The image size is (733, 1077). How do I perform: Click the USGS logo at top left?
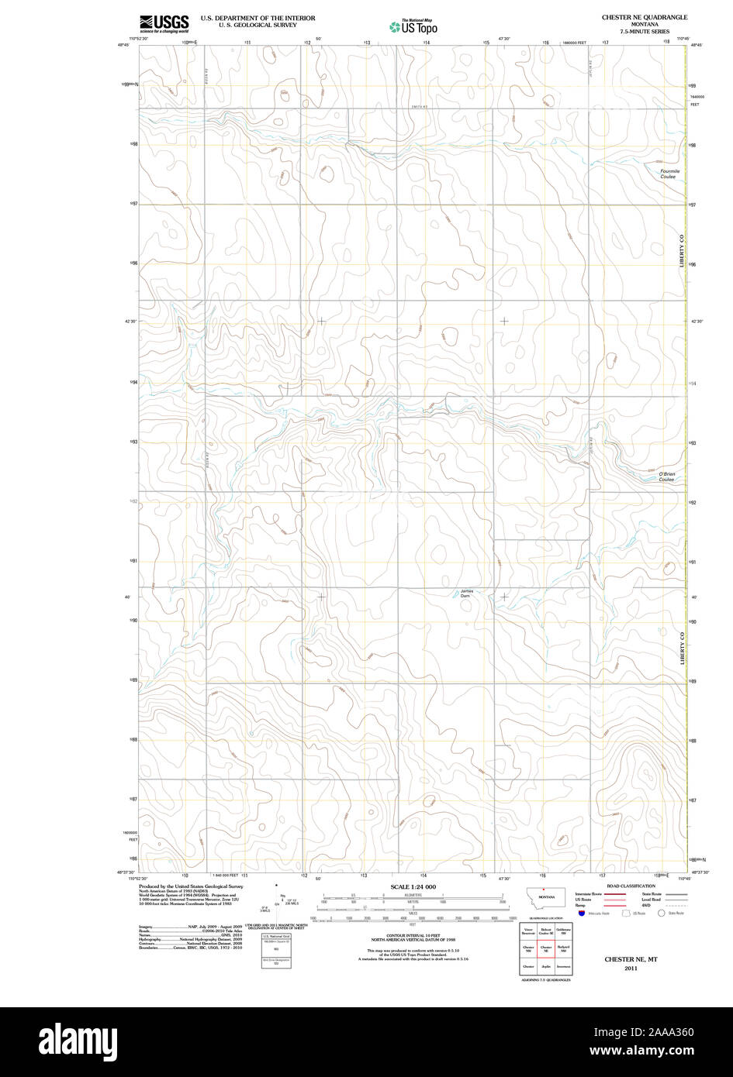tap(164, 23)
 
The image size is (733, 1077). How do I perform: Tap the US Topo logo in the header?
tap(413, 27)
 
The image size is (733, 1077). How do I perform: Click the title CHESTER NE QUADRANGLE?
tap(644, 16)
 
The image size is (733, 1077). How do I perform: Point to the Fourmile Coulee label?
tap(669, 174)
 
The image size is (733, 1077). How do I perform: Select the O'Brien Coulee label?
tap(667, 477)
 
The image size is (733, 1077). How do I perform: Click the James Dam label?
tap(465, 594)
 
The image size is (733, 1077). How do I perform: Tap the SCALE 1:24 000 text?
tap(413, 886)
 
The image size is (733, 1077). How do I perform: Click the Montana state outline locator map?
tap(546, 895)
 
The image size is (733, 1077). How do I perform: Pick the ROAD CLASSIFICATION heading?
tap(631, 886)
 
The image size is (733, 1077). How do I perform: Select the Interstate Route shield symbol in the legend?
tap(582, 914)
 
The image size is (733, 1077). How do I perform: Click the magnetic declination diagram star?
tap(276, 884)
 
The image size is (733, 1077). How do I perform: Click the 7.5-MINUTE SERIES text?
tap(644, 31)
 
